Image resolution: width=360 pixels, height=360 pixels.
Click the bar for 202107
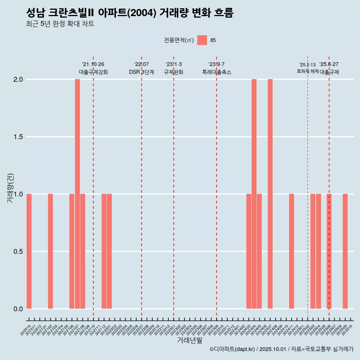click(x=77, y=194)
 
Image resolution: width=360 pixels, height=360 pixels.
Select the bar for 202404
click(x=254, y=194)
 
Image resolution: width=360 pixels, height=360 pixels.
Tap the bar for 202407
click(x=270, y=194)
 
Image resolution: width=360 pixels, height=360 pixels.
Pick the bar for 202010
click(x=29, y=251)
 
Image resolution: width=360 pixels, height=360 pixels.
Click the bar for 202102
click(x=50, y=251)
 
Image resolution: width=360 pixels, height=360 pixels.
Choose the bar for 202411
click(x=291, y=251)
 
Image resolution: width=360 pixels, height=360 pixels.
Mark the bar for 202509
click(x=345, y=251)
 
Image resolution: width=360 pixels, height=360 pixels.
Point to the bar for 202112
click(x=104, y=251)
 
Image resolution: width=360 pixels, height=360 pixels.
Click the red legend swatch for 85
click(x=202, y=40)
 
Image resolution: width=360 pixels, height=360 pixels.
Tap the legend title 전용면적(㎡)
click(x=179, y=40)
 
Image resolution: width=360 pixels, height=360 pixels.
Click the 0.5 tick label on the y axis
click(x=18, y=252)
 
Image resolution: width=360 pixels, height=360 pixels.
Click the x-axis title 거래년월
click(x=189, y=340)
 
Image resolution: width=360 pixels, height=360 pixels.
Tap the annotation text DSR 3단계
click(x=141, y=72)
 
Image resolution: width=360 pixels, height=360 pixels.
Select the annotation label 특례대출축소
click(x=216, y=72)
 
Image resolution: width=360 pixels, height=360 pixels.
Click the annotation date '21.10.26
click(x=93, y=64)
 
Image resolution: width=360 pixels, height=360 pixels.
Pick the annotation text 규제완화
click(x=173, y=72)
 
